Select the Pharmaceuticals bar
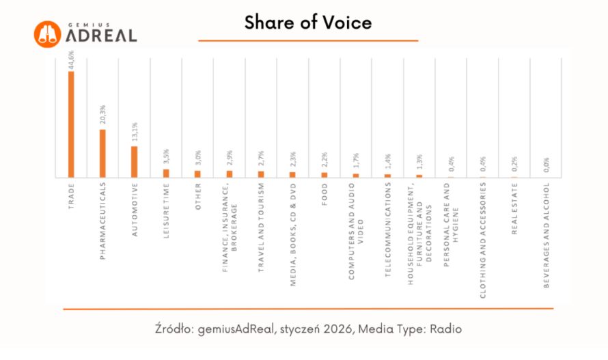(102, 154)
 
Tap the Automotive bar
(135, 162)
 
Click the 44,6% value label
(71, 59)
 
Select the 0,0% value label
(547, 165)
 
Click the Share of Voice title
(308, 23)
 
